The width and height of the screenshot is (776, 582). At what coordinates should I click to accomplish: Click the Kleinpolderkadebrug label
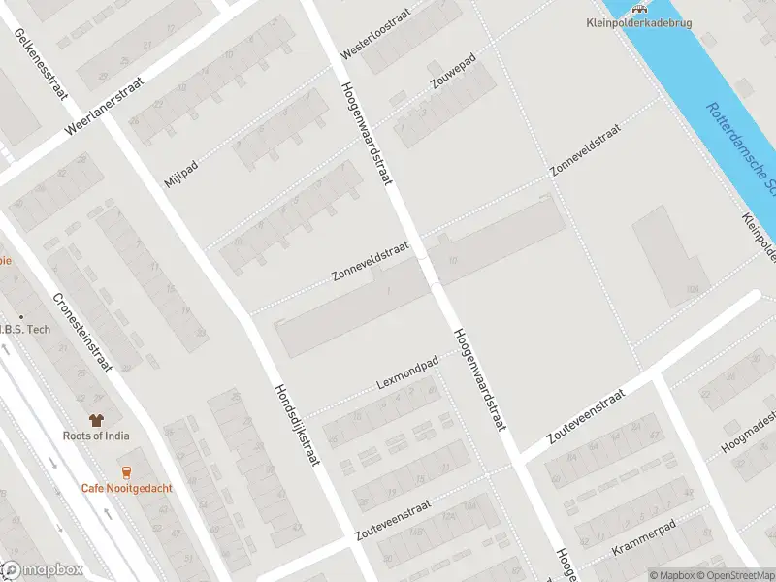click(x=639, y=23)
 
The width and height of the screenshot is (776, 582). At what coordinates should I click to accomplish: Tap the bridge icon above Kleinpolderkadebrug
click(x=638, y=8)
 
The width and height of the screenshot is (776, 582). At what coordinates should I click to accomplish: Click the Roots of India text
click(x=95, y=436)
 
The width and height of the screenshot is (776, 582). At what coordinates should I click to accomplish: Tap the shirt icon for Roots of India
click(x=95, y=420)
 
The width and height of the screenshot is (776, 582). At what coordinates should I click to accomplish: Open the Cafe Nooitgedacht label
click(x=126, y=488)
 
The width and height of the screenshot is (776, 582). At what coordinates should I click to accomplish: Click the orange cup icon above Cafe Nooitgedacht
click(x=126, y=472)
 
